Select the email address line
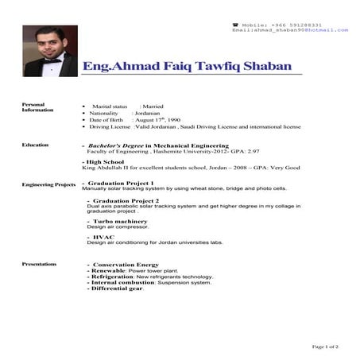coord(290,30)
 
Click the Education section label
coord(35,145)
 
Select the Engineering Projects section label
coord(48,184)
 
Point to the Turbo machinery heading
coord(119,220)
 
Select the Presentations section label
coord(39,263)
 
